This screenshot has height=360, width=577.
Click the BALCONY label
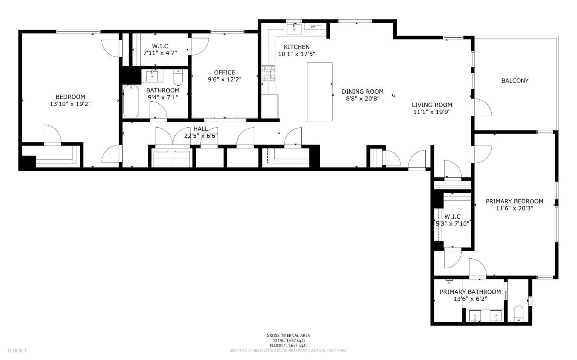click(514, 80)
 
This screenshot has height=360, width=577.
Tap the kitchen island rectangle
click(319, 92)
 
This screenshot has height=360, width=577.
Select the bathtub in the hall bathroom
click(131, 101)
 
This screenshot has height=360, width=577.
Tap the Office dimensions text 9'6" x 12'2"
click(224, 79)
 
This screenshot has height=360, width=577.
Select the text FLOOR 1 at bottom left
click(17, 350)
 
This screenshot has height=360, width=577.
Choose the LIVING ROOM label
click(432, 105)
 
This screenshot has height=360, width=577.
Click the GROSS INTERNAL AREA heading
click(288, 336)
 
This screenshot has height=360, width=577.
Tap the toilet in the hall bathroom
click(178, 78)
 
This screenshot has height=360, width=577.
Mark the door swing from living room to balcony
click(482, 107)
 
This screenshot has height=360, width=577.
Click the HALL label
click(200, 129)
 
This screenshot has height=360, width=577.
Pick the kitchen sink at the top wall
click(295, 28)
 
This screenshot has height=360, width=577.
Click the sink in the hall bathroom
click(152, 76)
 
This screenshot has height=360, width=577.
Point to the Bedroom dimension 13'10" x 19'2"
click(70, 104)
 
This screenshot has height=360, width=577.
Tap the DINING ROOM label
click(362, 91)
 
